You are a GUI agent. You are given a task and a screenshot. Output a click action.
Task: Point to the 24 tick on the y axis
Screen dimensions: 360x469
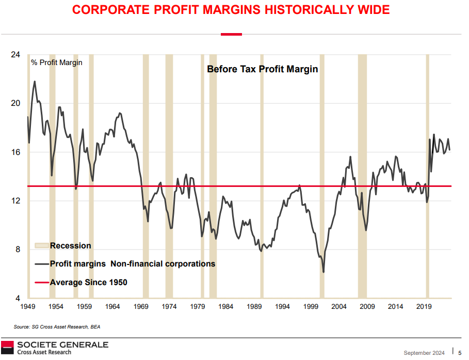coord(16,54)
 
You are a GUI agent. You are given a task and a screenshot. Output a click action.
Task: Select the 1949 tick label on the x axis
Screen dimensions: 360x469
coord(27,307)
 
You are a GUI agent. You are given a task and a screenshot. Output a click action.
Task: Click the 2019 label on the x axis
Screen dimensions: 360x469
coord(424,307)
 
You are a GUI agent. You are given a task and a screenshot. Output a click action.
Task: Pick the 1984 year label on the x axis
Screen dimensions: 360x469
coord(226,307)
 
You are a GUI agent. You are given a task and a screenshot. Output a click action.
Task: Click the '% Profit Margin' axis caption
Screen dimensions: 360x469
coord(56,62)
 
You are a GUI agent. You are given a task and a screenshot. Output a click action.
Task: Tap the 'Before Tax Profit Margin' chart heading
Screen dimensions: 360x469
coord(262,69)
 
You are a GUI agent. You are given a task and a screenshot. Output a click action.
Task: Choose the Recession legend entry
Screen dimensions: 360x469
coord(70,246)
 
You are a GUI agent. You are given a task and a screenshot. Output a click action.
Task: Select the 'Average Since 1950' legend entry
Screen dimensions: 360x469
coord(88,283)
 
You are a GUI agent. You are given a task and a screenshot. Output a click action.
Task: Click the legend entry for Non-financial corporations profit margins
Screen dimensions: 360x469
coord(132,264)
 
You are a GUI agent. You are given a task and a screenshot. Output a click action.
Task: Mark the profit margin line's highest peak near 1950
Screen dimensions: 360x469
coord(35,81)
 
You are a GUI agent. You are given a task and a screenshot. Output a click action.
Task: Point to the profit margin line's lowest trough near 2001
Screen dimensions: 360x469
coord(324,272)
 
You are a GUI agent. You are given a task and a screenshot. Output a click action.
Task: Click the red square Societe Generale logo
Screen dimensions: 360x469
coord(7,347)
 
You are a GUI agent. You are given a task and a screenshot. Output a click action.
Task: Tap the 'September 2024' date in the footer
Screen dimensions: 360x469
coord(424,353)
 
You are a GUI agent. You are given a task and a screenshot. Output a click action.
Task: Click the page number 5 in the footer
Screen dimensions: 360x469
coord(460,353)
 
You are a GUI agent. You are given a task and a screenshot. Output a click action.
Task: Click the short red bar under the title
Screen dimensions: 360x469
coord(231,34)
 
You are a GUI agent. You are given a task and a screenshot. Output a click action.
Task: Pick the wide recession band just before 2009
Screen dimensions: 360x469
coord(362,176)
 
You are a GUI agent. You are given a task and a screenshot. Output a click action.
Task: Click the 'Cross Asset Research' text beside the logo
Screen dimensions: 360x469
coord(44,352)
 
